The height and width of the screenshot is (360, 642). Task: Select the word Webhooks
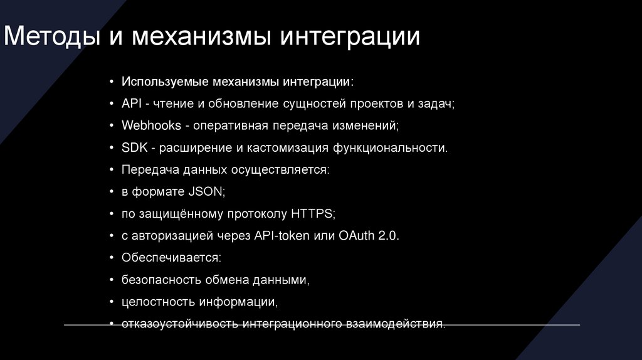click(x=150, y=125)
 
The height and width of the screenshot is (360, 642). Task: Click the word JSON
click(x=205, y=191)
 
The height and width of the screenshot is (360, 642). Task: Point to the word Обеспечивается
click(x=171, y=257)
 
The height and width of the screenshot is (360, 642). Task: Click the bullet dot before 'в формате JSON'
click(x=112, y=192)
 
